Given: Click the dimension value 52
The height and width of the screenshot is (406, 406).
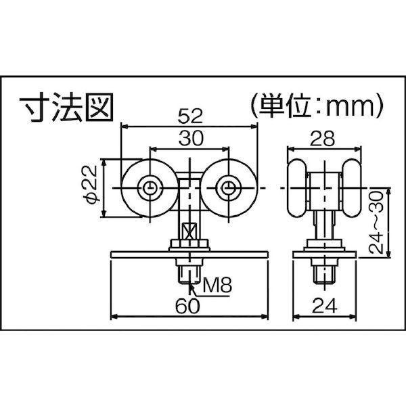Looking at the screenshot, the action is click(x=189, y=116).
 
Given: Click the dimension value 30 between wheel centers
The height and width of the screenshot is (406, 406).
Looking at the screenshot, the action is click(x=191, y=138).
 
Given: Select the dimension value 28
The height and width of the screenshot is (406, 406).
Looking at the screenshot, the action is click(x=322, y=139).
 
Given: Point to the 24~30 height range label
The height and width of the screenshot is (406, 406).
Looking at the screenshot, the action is click(x=376, y=222).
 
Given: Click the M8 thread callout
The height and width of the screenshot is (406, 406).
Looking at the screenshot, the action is click(x=217, y=285).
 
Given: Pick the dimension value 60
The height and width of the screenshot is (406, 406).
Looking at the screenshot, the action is click(x=187, y=306).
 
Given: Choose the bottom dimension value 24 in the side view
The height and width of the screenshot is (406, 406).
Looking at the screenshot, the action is click(x=325, y=306).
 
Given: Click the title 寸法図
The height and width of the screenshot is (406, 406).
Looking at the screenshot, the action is click(x=66, y=108).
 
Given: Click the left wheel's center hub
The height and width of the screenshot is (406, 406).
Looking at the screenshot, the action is click(x=150, y=188).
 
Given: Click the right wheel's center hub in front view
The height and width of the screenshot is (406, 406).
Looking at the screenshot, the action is click(x=229, y=188).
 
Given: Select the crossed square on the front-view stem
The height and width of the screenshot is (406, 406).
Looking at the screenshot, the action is click(x=189, y=231).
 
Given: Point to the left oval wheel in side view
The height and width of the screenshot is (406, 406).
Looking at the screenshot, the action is click(x=296, y=188).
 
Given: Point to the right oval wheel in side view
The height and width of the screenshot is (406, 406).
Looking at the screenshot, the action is click(x=351, y=188).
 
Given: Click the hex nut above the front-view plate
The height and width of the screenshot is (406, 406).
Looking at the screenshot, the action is click(x=189, y=244).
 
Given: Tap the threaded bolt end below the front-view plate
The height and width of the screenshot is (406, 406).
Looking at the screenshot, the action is click(x=190, y=275).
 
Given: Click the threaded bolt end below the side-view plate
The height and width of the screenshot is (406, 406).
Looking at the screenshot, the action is click(x=324, y=275).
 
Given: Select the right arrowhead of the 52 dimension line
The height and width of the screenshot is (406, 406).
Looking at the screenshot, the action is click(x=254, y=127).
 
